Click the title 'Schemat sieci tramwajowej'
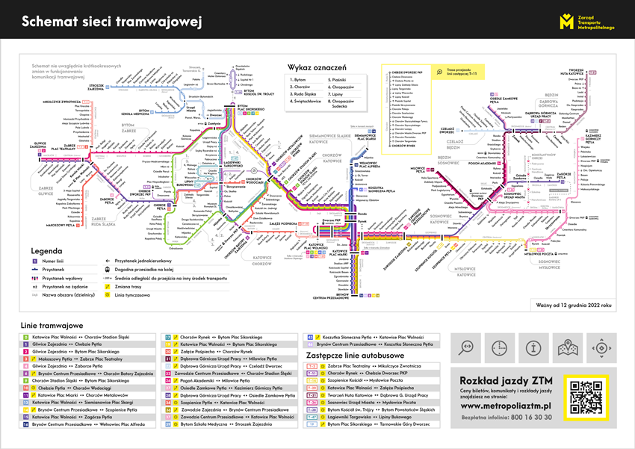click(112, 22)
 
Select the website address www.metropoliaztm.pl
click(506, 405)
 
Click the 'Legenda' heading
click(47, 252)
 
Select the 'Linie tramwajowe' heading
click(51, 326)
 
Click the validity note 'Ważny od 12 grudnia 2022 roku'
click(572, 305)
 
